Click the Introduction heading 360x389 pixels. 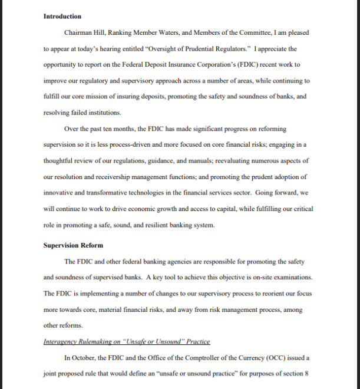coord(62,16)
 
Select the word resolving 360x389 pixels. coord(57,113)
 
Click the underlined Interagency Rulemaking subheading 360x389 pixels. coord(127,341)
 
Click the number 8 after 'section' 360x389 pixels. coord(306,373)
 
